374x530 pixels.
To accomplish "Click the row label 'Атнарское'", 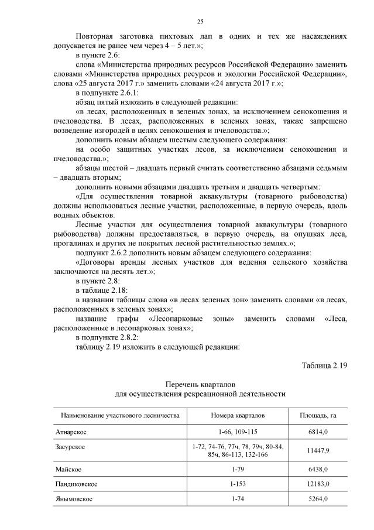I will (x=71, y=432).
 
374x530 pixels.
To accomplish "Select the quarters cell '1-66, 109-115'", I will (x=238, y=432).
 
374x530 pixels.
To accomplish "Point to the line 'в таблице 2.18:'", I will (x=102, y=290).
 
